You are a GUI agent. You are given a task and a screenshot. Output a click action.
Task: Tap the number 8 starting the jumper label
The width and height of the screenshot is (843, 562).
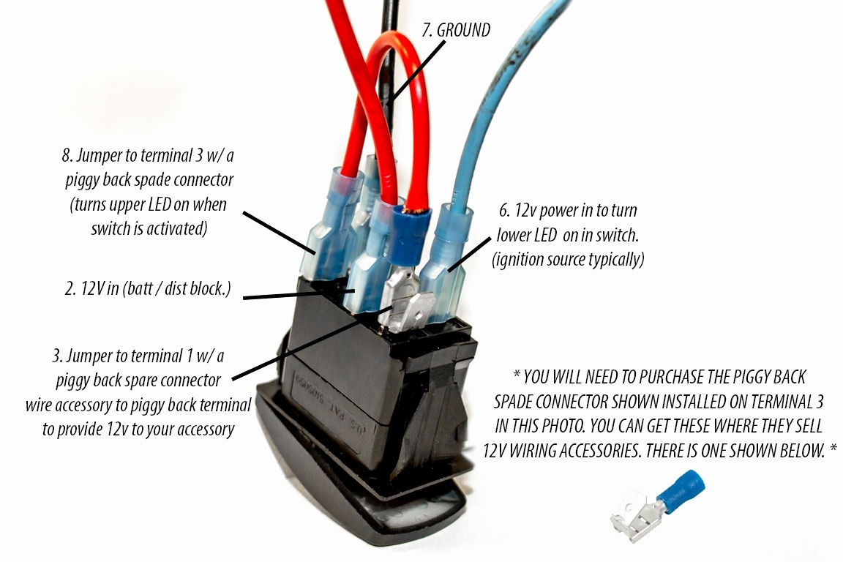[67, 155]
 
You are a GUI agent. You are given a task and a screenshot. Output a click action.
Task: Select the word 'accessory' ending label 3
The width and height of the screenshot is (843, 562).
[201, 429]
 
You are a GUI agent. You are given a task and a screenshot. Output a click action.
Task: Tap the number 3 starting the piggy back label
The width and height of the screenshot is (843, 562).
[56, 356]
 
